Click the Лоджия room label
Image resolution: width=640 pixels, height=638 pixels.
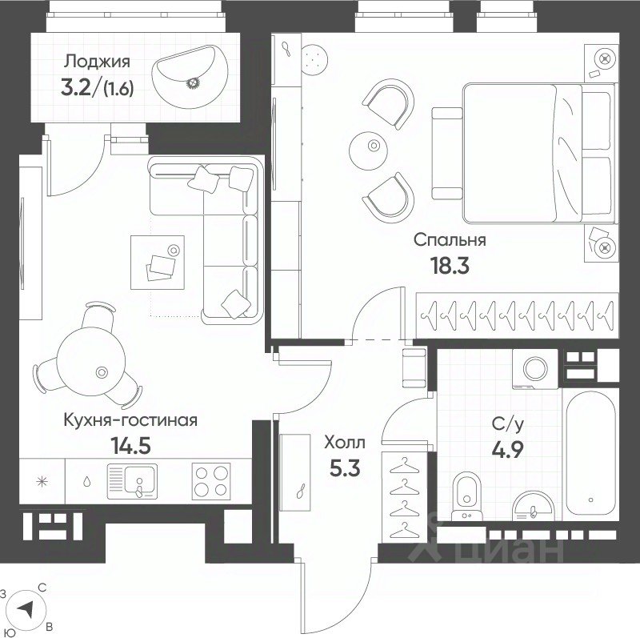(x=97, y=62)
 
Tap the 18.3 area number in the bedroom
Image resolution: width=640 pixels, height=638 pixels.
(x=450, y=266)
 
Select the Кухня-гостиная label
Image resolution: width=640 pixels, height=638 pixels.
(x=130, y=420)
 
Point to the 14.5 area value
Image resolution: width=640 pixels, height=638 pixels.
(x=130, y=446)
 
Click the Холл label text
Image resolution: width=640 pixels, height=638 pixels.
(x=345, y=442)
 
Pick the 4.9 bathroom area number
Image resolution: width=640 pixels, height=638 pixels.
(x=507, y=451)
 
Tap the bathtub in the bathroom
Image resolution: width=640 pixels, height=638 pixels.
(x=590, y=452)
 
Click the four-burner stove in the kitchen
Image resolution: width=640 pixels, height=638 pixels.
(x=211, y=480)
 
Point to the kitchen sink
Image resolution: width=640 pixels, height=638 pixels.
(x=132, y=481)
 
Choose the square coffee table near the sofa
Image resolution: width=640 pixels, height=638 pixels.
(x=158, y=263)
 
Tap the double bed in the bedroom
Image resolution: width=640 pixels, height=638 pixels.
(x=538, y=153)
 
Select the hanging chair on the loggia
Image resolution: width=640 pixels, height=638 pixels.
(x=190, y=77)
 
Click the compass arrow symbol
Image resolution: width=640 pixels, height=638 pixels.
(x=26, y=610)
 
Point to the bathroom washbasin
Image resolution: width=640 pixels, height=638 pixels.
(x=533, y=506)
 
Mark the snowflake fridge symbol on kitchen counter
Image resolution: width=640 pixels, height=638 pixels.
(x=42, y=482)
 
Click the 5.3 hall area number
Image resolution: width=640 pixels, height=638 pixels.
(x=345, y=468)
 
